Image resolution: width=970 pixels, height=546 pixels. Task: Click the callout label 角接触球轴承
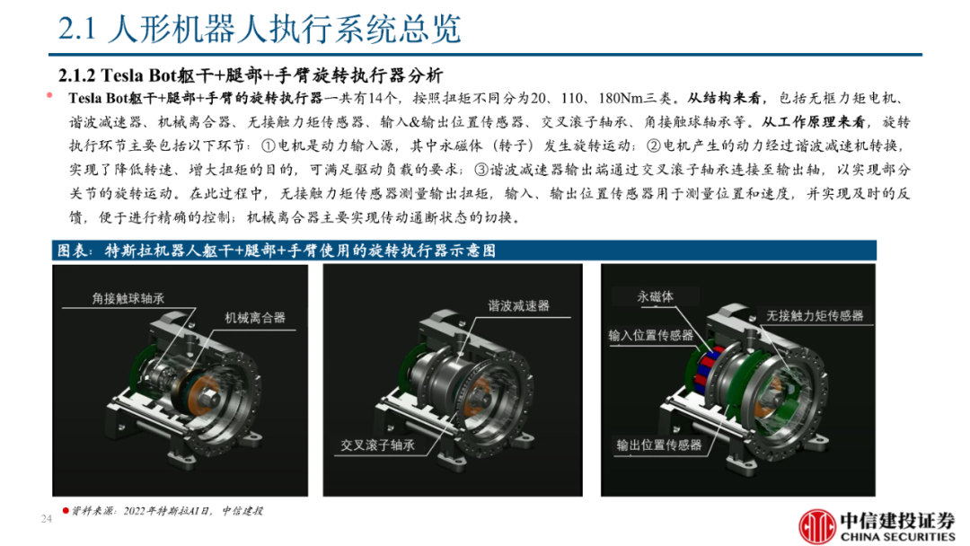128,299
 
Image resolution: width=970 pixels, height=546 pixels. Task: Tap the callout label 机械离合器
255,318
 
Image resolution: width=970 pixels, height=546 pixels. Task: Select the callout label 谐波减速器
518,305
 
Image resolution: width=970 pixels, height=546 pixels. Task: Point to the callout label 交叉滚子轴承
377,445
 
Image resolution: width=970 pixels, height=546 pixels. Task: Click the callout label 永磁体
655,297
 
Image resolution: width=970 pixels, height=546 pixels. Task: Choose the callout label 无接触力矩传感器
815,316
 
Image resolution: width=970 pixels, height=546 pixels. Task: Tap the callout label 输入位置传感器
651,335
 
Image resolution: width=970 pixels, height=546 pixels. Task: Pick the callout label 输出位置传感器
659,445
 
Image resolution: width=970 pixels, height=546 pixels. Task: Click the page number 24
46,519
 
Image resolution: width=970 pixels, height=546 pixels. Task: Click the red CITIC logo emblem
816,527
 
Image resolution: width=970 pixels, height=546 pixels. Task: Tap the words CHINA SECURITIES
897,537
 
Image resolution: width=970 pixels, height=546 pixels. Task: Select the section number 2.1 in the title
77,29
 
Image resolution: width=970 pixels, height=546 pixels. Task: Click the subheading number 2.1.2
76,75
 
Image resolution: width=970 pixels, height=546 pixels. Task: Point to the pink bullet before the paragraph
49,95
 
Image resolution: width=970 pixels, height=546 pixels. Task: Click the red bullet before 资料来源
65,511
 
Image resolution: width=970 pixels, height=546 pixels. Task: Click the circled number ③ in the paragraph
481,170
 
